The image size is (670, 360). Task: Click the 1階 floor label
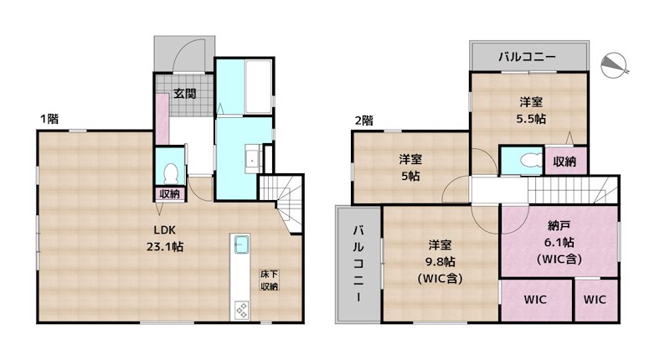(x=48, y=119)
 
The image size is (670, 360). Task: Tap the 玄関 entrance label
(x=184, y=94)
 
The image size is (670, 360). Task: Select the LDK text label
(x=163, y=231)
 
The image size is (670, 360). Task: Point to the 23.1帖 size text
(x=167, y=247)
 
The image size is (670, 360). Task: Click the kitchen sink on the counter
(x=241, y=245)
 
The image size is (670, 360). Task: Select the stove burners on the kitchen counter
(x=241, y=309)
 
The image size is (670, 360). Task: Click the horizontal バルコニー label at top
(x=527, y=58)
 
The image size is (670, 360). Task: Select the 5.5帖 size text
(x=530, y=119)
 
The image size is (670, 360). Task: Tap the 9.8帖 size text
(x=441, y=261)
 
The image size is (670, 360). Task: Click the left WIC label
(x=536, y=299)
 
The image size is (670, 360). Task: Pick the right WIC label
(x=594, y=299)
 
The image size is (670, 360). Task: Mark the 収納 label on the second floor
(x=565, y=162)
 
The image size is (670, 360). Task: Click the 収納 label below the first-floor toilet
(x=170, y=194)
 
